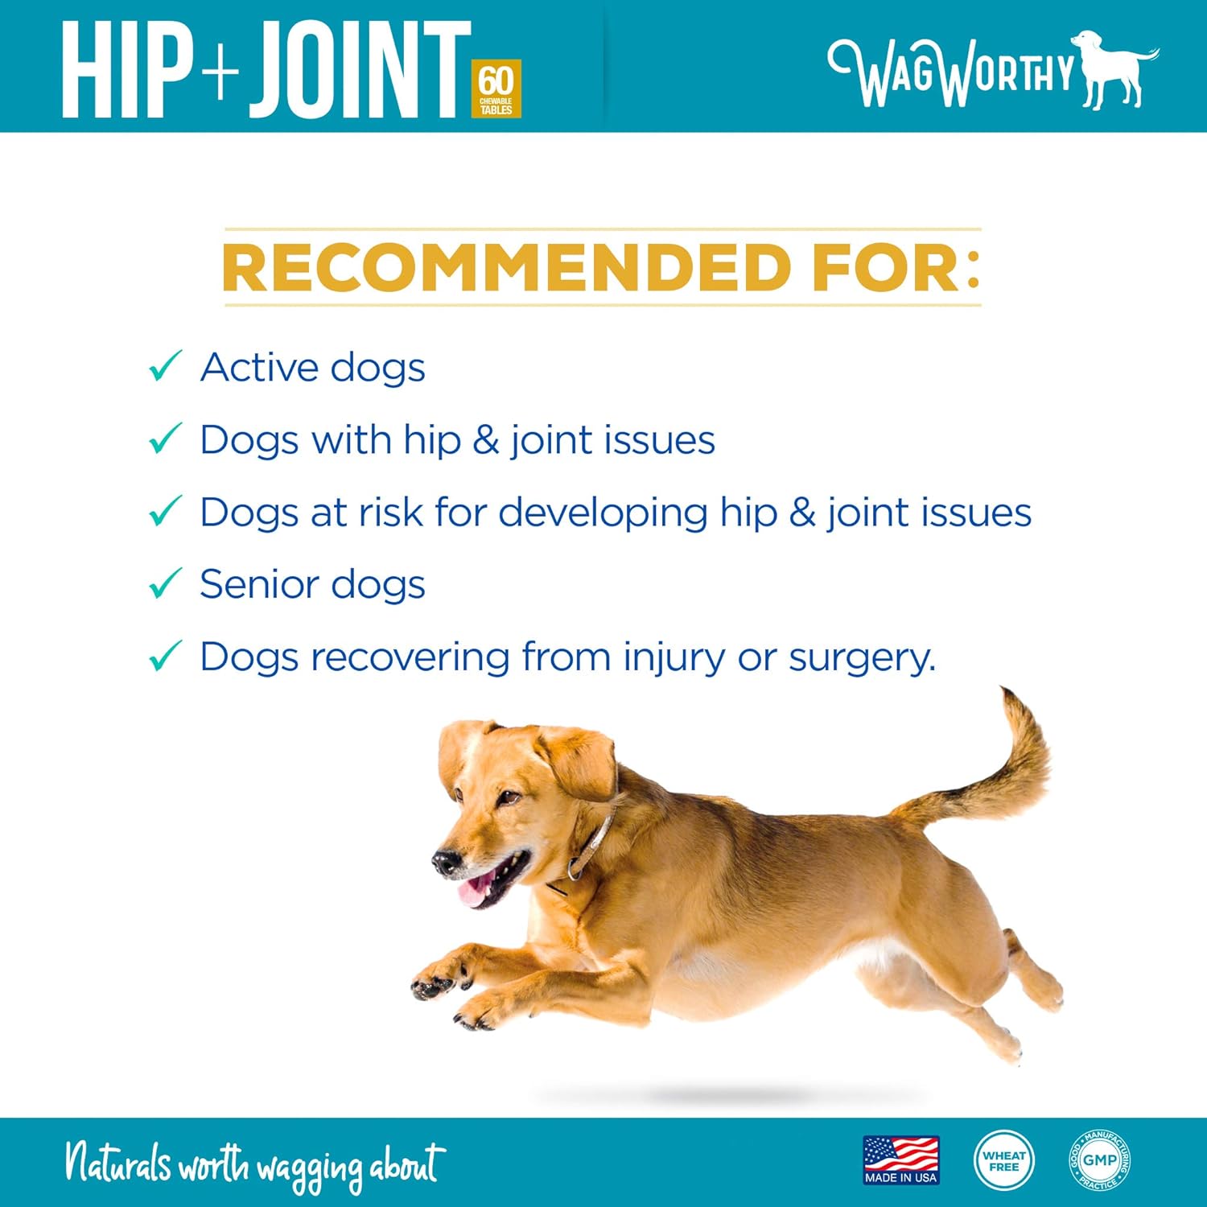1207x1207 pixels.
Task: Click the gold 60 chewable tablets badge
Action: tap(496, 89)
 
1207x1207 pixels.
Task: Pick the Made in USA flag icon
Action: tap(901, 1160)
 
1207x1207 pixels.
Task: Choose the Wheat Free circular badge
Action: tap(1003, 1160)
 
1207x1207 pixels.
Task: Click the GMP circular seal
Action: tap(1099, 1160)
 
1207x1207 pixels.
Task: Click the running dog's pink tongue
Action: tap(475, 891)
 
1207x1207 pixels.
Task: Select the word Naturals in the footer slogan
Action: tap(118, 1163)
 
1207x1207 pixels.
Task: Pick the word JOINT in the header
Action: tap(359, 71)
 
